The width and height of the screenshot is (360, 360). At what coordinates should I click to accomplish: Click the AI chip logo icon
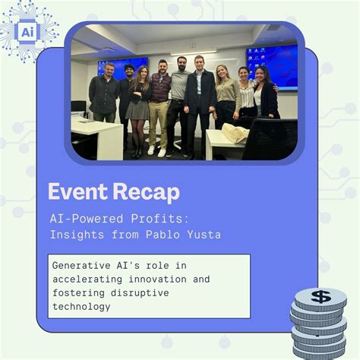(x=28, y=32)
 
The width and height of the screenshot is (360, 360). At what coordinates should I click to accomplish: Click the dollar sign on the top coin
(x=320, y=296)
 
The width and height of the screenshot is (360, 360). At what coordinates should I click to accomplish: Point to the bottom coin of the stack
(x=319, y=351)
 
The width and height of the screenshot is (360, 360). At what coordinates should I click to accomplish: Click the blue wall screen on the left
(x=122, y=67)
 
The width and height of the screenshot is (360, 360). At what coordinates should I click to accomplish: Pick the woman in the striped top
(x=247, y=99)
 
